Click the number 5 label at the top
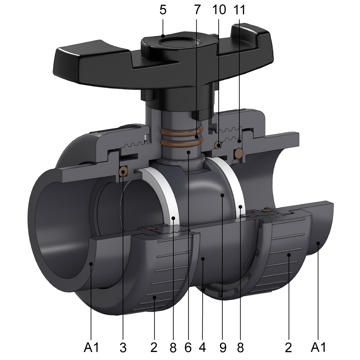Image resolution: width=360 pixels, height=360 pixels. pos(163,10)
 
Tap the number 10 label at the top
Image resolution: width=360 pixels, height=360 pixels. pos(219,10)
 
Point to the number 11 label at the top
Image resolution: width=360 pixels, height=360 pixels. pos(239,10)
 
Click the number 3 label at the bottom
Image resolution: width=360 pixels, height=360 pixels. pos(123,347)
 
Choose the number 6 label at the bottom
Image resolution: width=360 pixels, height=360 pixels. pos(188,347)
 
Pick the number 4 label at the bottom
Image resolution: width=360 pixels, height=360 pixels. pos(202,347)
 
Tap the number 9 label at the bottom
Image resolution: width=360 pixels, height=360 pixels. pos(223,347)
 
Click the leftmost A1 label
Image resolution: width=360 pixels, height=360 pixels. pos(91,347)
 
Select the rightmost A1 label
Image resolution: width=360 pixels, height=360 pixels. pos(318,347)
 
